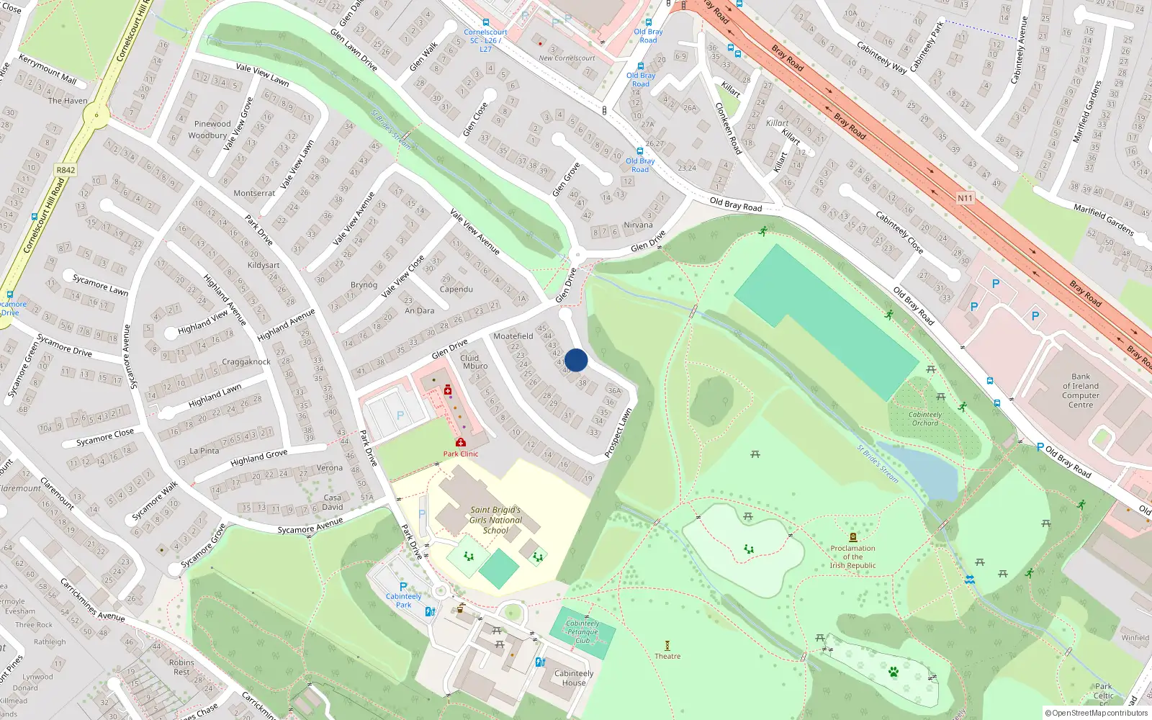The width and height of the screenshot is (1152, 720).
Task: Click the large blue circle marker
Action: click(x=576, y=360)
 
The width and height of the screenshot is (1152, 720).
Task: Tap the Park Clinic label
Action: click(x=460, y=454)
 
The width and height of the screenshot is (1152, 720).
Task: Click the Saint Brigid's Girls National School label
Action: click(x=495, y=520)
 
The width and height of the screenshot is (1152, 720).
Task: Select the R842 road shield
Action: click(x=66, y=171)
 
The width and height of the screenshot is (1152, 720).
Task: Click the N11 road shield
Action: click(x=965, y=198)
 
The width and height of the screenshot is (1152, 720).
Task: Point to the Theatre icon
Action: click(x=667, y=645)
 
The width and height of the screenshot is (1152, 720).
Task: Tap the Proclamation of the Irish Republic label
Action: click(x=852, y=557)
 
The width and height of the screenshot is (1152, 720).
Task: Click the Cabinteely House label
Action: click(x=574, y=678)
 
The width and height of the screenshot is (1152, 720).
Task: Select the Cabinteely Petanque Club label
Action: click(x=582, y=631)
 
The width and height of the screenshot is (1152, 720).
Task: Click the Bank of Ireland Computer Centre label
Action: click(x=1081, y=390)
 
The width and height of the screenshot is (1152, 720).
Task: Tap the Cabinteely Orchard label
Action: click(x=925, y=418)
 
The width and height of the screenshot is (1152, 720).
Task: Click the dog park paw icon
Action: click(x=894, y=672)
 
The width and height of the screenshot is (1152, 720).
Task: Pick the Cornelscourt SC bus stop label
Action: click(x=485, y=40)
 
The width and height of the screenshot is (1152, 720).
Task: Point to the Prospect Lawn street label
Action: click(x=618, y=433)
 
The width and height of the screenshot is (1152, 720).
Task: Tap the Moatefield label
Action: click(x=513, y=336)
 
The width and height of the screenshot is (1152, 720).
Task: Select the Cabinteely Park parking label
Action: click(x=403, y=600)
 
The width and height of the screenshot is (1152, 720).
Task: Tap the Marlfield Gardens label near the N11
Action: click(x=1103, y=220)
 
